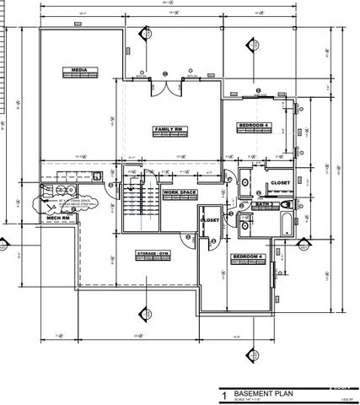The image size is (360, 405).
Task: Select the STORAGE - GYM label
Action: click(153, 252)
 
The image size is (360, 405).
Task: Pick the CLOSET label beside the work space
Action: click(209, 220)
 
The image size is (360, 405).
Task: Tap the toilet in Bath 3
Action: click(286, 204)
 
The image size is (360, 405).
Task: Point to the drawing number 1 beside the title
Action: click(224, 395)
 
